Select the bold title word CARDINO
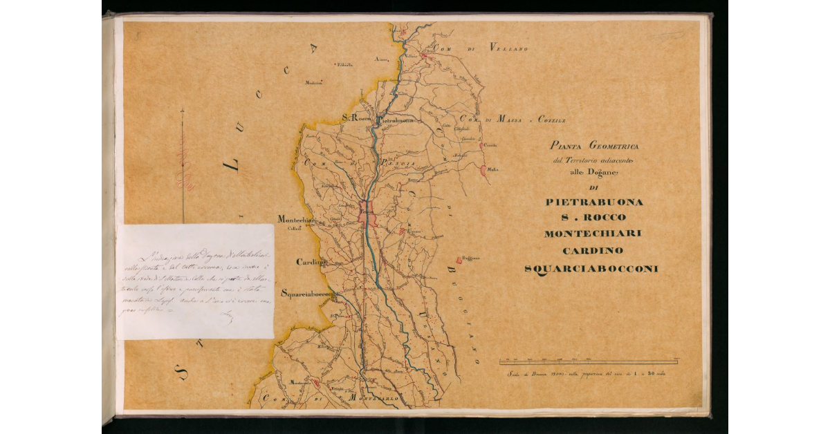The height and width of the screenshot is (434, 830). coord(593,250)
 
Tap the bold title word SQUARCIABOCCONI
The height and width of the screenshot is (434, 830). coord(591,268)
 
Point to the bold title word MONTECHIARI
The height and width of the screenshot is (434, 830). coord(593,234)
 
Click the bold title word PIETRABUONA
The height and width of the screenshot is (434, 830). coord(594,202)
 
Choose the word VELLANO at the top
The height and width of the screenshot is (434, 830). coord(508,48)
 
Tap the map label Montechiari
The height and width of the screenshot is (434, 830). coord(297,219)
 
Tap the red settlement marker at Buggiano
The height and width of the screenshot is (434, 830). coord(458,261)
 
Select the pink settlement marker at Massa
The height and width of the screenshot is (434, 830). coord(483,168)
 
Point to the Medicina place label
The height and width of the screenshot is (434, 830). coord(313,83)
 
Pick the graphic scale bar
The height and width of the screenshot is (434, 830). coord(588,361)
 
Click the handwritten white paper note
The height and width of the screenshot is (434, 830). coord(195,281)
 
